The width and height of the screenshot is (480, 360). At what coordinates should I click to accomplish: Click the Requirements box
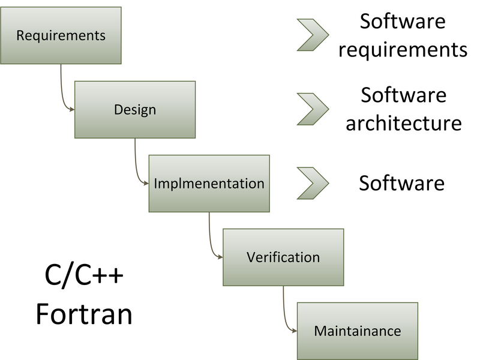coord(61,35)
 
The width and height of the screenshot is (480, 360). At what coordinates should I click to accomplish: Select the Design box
coord(135,110)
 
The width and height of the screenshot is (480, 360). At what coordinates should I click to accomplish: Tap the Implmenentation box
coord(209,184)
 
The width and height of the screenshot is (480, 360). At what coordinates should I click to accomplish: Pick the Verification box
coord(283,257)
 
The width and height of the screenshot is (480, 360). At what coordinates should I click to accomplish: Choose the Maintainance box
coord(357,331)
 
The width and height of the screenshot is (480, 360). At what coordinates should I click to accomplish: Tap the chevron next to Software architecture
coord(313,109)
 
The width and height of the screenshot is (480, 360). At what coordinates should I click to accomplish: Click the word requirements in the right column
coord(403,49)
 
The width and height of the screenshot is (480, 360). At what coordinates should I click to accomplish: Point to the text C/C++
coord(85,278)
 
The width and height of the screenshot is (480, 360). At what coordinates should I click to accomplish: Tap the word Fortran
coord(84,314)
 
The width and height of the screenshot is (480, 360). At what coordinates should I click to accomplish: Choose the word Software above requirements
coord(403,22)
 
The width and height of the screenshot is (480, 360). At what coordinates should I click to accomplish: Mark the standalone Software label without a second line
coord(401,182)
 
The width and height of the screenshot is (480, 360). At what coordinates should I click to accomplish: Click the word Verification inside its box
coord(283,257)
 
